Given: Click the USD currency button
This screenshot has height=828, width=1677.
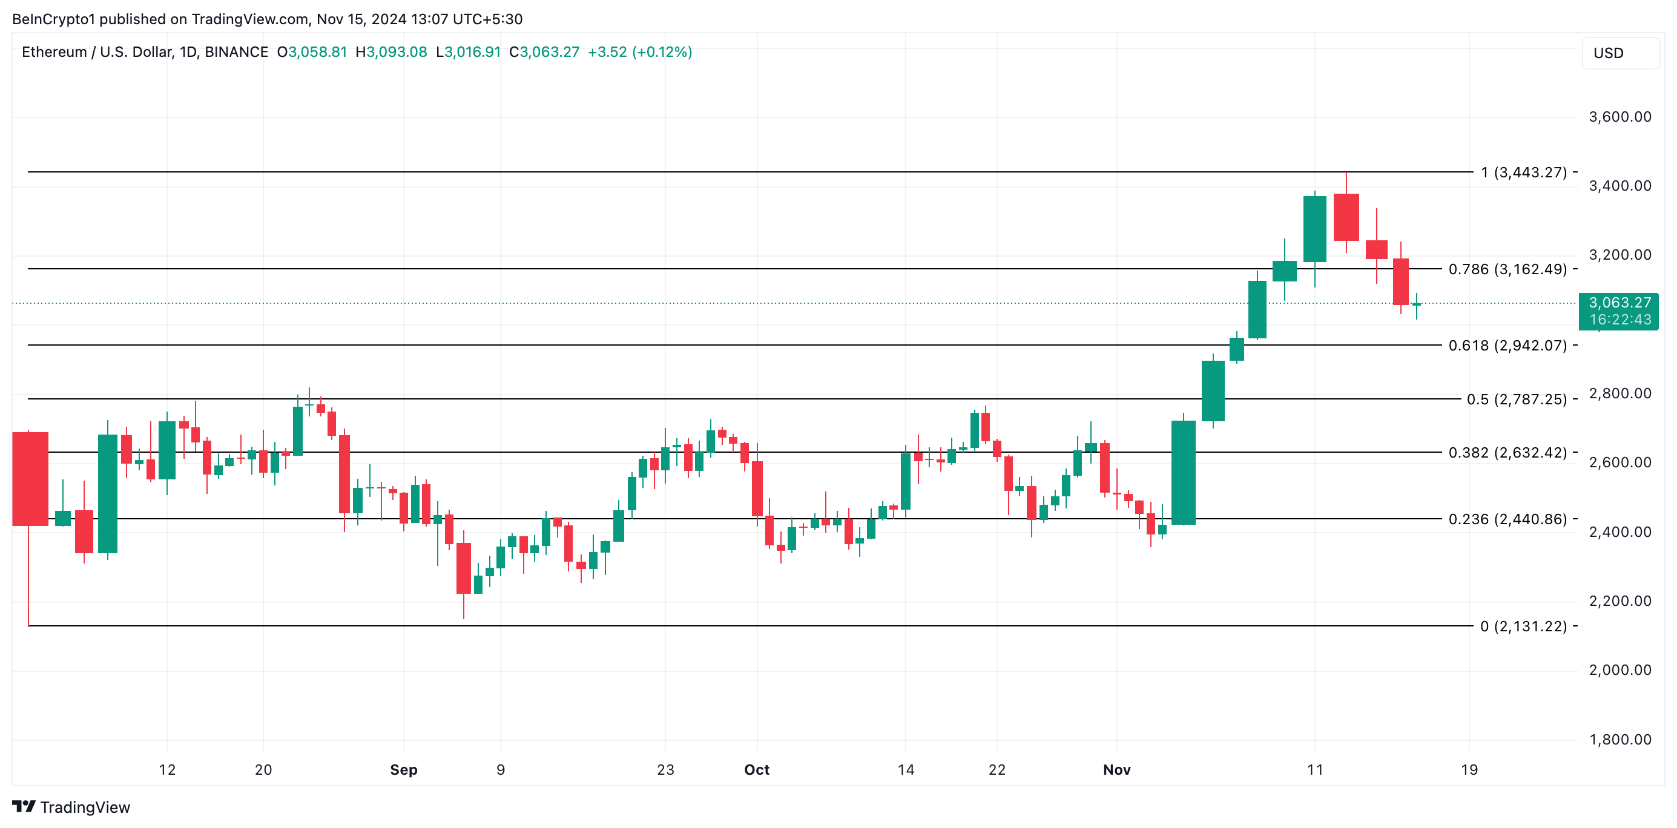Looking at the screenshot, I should [1619, 53].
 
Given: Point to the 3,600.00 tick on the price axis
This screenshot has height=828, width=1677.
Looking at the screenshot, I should [1619, 117].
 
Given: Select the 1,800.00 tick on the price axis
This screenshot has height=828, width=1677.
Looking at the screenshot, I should [1619, 739].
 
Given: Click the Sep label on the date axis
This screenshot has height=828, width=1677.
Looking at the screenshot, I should [403, 769].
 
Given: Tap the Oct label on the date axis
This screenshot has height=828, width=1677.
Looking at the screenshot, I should [757, 769].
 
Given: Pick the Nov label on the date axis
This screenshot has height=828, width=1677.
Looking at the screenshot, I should [1116, 769].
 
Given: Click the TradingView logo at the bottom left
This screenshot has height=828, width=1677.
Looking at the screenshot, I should [71, 807].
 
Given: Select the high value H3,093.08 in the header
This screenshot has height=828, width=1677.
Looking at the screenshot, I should [391, 52].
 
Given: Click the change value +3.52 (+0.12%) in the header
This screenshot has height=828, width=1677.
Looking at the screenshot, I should [639, 52].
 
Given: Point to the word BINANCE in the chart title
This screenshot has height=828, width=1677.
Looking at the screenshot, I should [236, 52].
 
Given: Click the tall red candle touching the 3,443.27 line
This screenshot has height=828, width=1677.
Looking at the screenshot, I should [1346, 217].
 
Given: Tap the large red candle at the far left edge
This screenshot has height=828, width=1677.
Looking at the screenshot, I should [30, 478].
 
